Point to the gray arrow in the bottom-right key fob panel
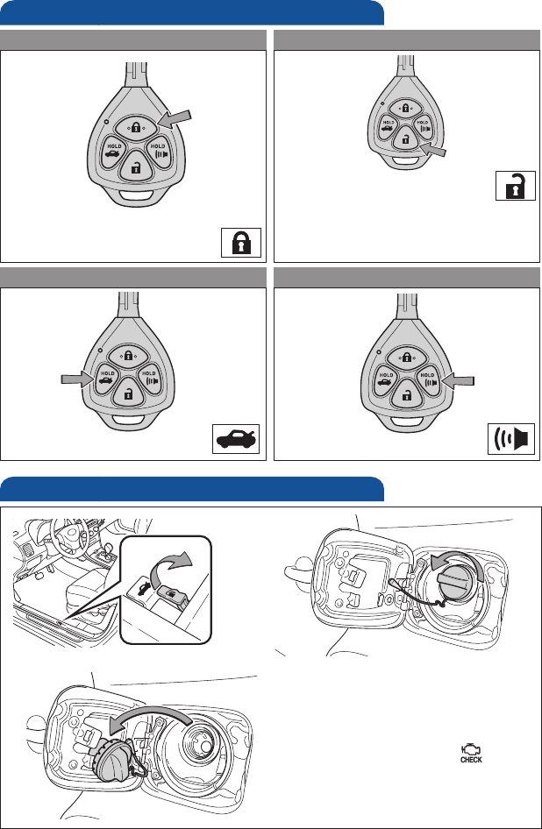pos(459,379)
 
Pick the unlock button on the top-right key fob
pos(404,138)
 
